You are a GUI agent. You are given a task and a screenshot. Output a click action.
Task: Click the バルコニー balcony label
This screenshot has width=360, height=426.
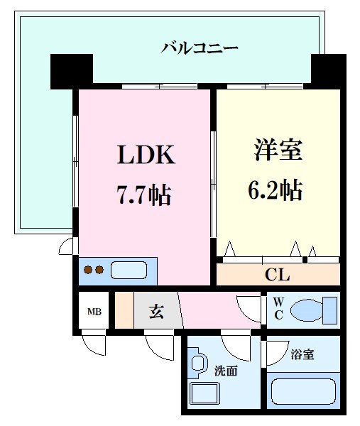[200, 48]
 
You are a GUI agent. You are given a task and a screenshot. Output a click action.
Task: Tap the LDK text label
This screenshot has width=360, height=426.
[145, 155]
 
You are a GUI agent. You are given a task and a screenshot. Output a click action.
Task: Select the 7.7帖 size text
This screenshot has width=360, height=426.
[145, 192]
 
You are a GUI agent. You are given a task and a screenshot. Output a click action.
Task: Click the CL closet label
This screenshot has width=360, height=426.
[277, 274]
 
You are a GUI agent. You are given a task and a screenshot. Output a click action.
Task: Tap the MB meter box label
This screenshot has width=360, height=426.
[93, 312]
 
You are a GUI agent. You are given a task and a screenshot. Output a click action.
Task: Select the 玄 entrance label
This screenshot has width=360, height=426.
[157, 311]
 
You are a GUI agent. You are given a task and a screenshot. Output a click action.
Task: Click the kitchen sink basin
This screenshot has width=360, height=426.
[129, 271]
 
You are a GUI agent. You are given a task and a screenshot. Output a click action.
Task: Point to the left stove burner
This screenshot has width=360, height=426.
[89, 271]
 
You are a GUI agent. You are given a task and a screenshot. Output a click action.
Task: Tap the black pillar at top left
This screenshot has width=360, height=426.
[72, 70]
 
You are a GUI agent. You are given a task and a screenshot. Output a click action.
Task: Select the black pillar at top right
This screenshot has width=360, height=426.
[327, 70]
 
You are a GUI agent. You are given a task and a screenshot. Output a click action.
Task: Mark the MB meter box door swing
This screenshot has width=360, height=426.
[94, 346]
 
